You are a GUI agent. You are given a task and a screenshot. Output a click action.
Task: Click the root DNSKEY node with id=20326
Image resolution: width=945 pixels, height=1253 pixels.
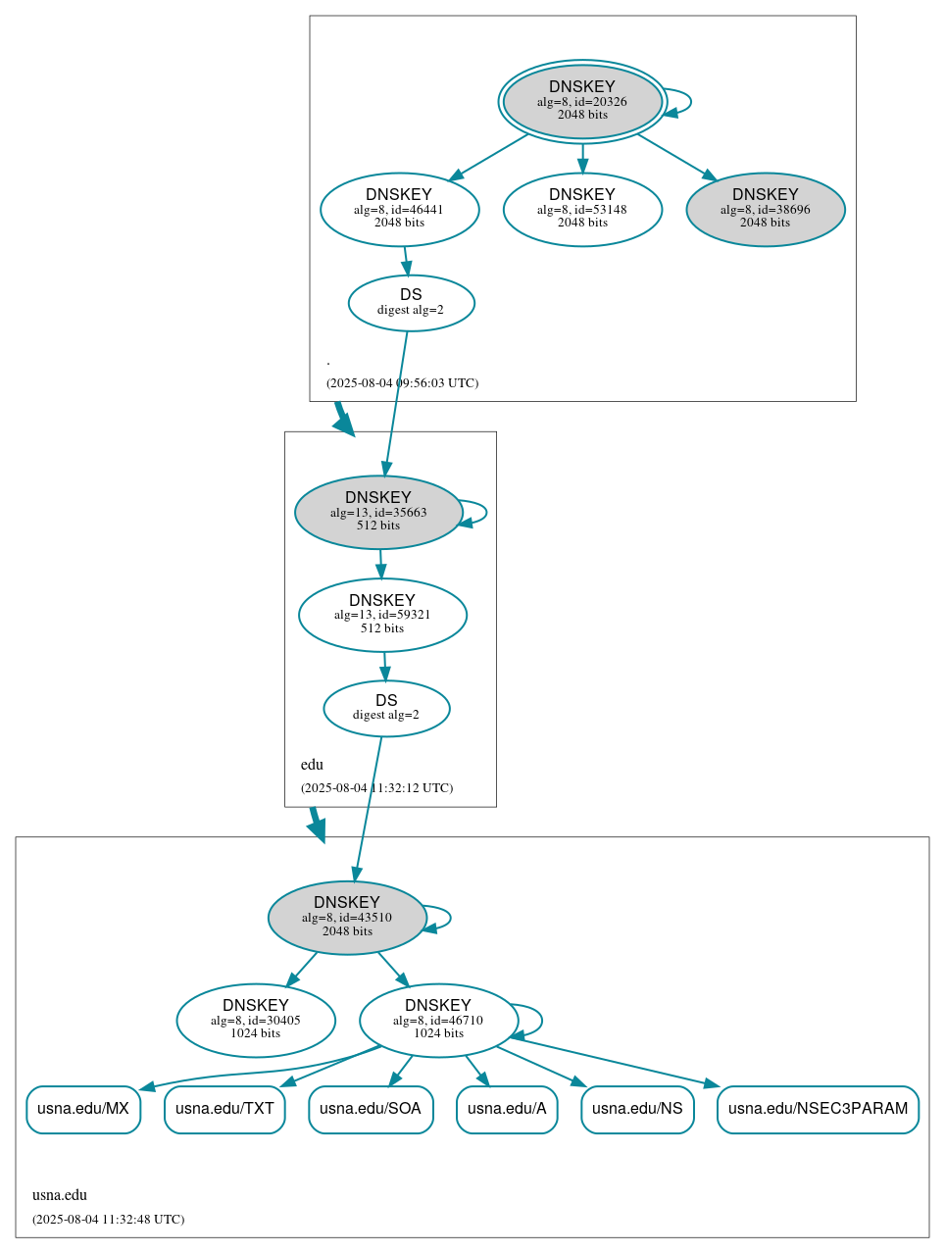click(x=582, y=101)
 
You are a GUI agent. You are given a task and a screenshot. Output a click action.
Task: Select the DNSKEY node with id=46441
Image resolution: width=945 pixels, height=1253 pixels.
click(x=399, y=209)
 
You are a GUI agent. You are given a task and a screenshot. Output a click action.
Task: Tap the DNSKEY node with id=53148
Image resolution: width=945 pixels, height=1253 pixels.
click(x=582, y=209)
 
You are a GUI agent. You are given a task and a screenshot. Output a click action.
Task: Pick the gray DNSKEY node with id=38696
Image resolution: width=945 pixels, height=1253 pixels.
click(x=765, y=209)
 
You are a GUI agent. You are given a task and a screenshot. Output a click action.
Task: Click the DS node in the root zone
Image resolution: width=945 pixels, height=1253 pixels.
click(x=411, y=303)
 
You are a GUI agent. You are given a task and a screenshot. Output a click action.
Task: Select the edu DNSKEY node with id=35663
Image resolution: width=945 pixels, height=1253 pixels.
click(x=377, y=512)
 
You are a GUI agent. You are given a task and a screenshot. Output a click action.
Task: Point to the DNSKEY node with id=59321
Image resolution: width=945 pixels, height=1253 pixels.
click(x=382, y=615)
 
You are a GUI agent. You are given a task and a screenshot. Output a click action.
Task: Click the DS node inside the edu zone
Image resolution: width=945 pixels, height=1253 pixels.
click(x=386, y=708)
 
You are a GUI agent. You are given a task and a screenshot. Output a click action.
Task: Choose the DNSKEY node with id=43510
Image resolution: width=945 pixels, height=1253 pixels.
click(x=347, y=917)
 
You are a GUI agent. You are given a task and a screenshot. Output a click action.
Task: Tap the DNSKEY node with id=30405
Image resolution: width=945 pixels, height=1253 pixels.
click(x=255, y=1020)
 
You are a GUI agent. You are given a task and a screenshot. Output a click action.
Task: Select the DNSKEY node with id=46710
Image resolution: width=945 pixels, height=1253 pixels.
click(x=438, y=1020)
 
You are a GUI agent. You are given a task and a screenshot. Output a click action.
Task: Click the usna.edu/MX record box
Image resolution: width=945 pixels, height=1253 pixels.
click(x=83, y=1109)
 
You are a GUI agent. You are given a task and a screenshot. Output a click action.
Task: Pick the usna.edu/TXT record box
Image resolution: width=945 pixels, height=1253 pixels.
click(x=224, y=1109)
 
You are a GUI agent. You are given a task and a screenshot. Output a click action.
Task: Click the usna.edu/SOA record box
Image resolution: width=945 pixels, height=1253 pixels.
click(x=371, y=1109)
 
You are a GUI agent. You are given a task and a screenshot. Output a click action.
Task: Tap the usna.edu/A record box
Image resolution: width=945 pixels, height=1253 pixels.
click(x=507, y=1109)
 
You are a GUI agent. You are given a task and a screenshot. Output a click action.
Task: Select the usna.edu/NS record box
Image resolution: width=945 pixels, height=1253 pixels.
click(x=637, y=1109)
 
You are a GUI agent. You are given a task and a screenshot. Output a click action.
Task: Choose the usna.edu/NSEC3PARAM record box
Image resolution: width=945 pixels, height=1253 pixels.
click(x=818, y=1109)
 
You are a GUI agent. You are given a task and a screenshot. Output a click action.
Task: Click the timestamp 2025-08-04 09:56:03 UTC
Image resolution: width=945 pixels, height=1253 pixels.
click(x=402, y=383)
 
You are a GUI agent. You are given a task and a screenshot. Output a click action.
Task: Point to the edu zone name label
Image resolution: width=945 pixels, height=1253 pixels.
click(x=312, y=765)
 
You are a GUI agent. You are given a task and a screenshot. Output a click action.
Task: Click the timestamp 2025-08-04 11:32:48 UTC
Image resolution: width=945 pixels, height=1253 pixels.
click(x=108, y=1220)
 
